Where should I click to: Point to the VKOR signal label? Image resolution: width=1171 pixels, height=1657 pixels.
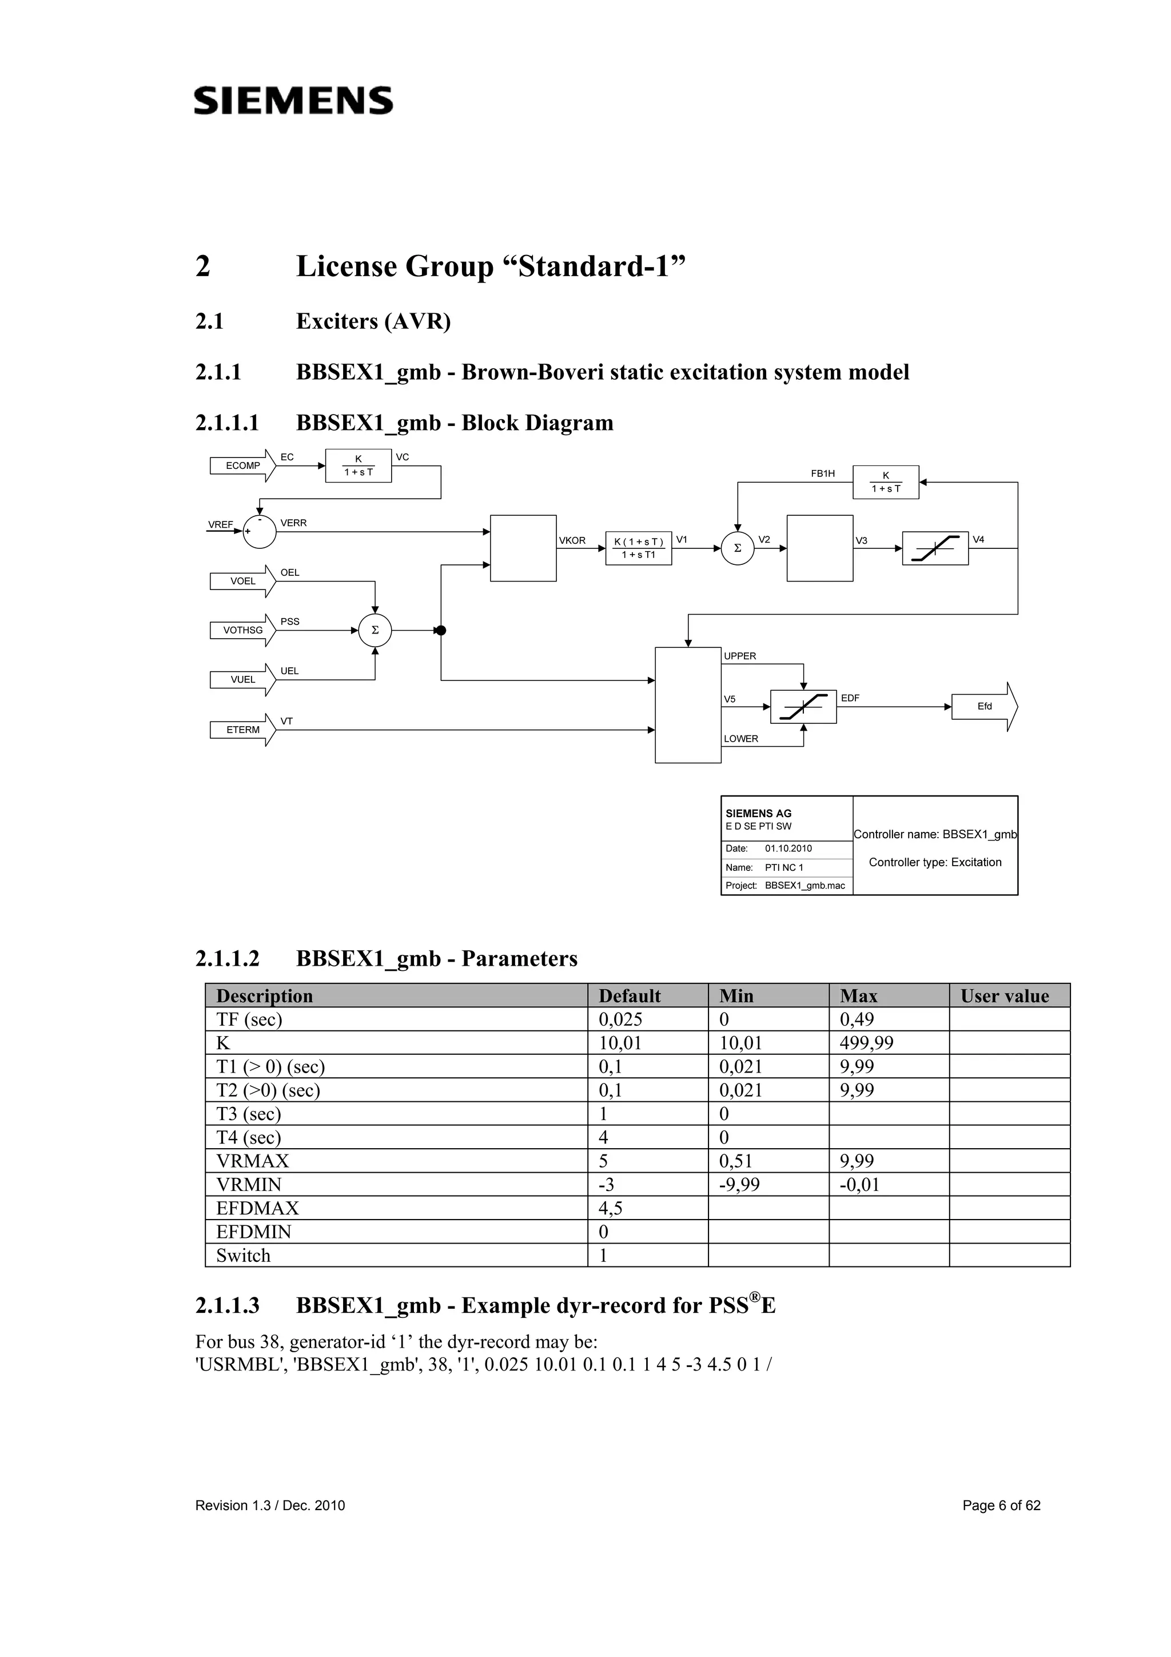[x=572, y=540]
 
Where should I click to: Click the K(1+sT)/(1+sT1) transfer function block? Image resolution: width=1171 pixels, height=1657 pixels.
[x=639, y=548]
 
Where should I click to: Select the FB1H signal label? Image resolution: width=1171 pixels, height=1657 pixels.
[x=823, y=473]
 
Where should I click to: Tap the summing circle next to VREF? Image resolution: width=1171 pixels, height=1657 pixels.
[x=259, y=532]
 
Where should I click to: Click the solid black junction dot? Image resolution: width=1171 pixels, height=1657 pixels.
[x=441, y=631]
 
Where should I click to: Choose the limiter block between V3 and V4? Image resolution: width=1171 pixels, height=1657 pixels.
[x=935, y=548]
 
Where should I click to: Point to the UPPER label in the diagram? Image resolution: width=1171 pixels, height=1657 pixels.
[x=739, y=656]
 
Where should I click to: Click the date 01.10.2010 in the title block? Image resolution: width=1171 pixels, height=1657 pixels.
[x=788, y=849]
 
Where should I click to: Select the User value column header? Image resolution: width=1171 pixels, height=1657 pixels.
[x=1005, y=996]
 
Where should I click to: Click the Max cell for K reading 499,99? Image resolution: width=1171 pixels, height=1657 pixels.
[x=866, y=1043]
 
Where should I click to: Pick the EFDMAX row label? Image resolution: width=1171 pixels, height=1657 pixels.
[x=257, y=1208]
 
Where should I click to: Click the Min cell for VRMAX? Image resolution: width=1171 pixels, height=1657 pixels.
[x=735, y=1161]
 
